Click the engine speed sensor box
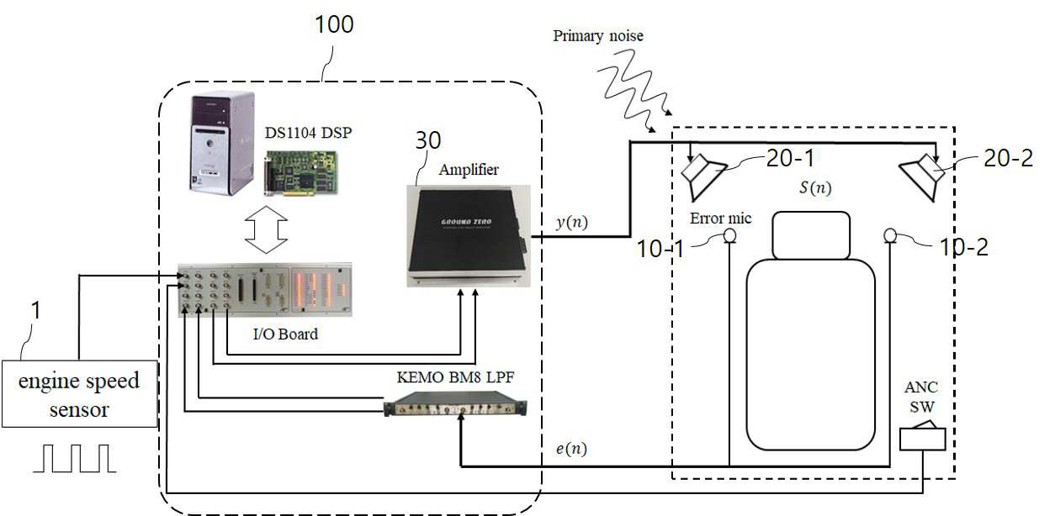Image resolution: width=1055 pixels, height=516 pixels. click(x=80, y=394)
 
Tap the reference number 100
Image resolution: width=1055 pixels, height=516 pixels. click(x=334, y=24)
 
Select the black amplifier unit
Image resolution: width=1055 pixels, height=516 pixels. click(x=469, y=235)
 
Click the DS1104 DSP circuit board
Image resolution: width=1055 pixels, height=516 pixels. click(x=301, y=172)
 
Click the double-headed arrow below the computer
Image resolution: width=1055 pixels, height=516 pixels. click(x=266, y=229)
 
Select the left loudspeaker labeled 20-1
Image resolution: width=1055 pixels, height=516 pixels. click(x=702, y=176)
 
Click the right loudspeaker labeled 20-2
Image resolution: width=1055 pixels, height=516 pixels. click(x=923, y=176)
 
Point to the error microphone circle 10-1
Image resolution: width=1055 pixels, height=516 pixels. click(x=729, y=235)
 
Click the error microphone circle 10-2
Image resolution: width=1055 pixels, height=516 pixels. click(x=890, y=235)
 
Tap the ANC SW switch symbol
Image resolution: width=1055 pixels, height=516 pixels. click(x=922, y=437)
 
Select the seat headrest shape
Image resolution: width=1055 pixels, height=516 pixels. click(x=811, y=235)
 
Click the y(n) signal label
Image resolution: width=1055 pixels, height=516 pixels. click(x=572, y=222)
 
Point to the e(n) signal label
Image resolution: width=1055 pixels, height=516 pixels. click(x=571, y=448)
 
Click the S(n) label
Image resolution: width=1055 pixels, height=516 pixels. click(x=815, y=187)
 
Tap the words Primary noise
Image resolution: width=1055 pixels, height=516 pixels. click(x=598, y=36)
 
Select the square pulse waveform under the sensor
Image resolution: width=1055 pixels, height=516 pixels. click(x=74, y=458)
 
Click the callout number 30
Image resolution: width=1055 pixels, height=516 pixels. click(x=428, y=140)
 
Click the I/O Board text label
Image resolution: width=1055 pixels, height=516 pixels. click(x=285, y=334)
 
